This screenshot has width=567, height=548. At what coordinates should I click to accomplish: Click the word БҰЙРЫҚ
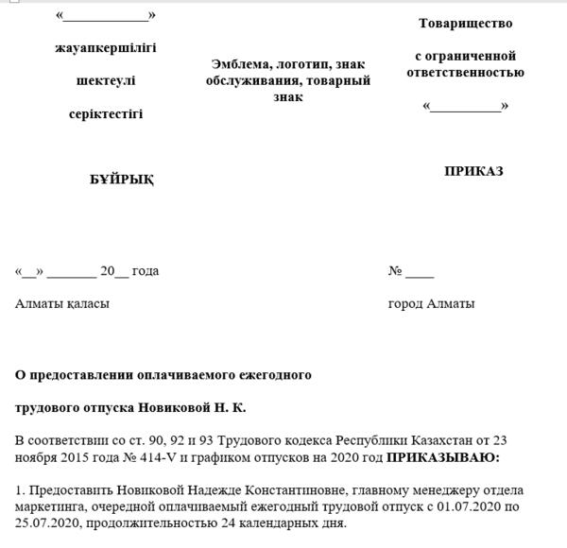click(122, 180)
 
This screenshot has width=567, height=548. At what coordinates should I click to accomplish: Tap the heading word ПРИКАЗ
click(473, 171)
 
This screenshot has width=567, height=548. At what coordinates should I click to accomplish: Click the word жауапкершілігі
click(106, 46)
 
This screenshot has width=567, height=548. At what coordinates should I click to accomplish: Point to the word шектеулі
click(106, 80)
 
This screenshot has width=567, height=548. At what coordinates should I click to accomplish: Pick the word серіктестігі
click(106, 114)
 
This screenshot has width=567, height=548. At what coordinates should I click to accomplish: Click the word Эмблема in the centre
click(242, 63)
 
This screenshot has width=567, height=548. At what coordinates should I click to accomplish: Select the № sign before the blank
click(395, 271)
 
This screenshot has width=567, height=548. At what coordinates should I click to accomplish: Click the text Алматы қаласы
click(62, 303)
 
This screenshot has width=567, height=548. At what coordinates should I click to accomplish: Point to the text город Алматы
click(431, 303)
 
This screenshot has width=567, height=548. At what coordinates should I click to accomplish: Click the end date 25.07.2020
click(45, 523)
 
